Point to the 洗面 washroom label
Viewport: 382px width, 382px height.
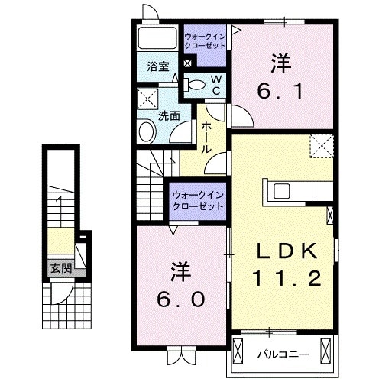169,116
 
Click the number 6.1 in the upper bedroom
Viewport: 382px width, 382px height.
282,91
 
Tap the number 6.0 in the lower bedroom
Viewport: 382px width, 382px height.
180,299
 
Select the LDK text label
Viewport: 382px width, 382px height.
283,251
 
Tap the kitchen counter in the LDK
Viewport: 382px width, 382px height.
296,190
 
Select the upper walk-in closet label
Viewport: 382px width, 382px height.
205,39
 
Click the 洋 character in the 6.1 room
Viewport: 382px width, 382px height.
282,62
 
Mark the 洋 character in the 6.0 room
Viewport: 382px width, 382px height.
180,270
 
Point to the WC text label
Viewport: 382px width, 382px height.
216,85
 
